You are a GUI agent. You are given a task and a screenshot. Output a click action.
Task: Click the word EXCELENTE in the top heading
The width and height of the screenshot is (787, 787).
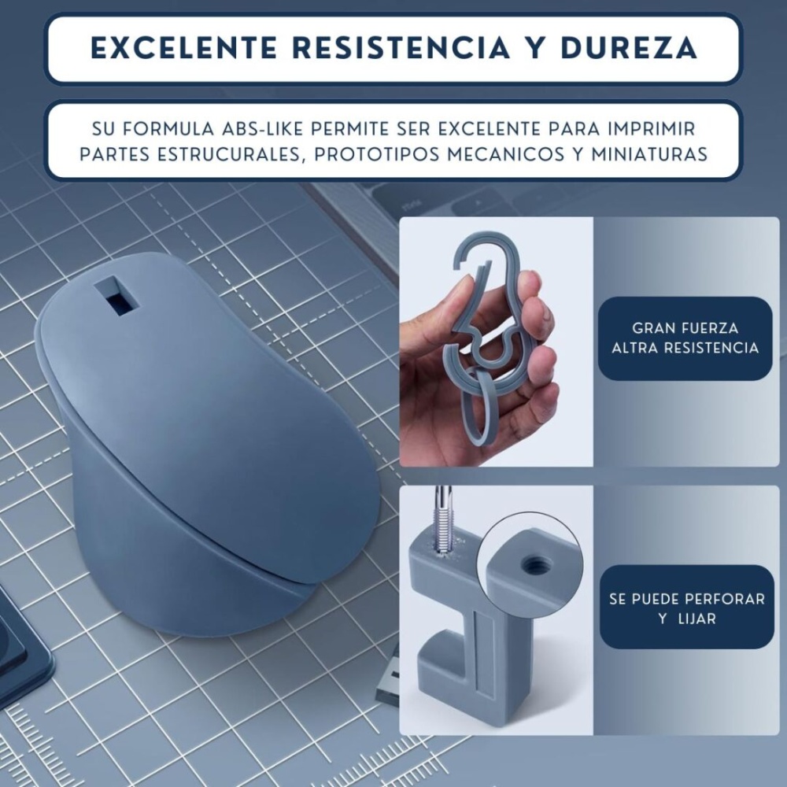(x=184, y=48)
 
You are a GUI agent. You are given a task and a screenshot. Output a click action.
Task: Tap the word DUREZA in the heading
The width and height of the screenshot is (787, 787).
(x=629, y=48)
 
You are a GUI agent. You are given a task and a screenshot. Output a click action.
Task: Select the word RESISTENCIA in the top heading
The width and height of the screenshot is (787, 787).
(x=401, y=48)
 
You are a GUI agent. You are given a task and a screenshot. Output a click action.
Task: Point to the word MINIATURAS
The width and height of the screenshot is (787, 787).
(x=649, y=154)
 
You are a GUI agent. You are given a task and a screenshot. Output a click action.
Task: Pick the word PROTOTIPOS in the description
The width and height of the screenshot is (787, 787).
(x=376, y=154)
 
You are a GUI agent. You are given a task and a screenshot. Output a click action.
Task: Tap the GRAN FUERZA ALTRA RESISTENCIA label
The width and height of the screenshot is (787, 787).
(x=685, y=338)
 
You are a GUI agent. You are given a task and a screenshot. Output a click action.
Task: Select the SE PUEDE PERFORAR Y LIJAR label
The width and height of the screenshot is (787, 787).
(x=687, y=608)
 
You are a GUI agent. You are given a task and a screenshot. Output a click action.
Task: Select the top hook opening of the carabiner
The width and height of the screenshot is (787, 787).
(x=475, y=249)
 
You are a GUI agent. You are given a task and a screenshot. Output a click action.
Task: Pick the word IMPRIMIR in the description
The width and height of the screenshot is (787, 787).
(x=651, y=129)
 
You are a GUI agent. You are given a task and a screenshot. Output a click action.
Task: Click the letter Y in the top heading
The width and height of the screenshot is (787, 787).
(x=534, y=48)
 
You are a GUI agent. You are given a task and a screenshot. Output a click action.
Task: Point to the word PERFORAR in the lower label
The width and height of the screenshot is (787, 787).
(x=725, y=599)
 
